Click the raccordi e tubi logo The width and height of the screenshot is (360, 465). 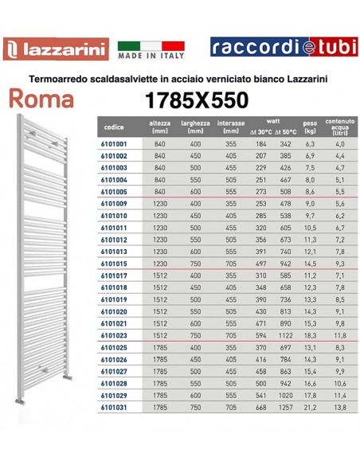[x=280, y=48]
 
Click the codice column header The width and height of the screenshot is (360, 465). [x=114, y=127]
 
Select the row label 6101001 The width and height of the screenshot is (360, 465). [x=114, y=143]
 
